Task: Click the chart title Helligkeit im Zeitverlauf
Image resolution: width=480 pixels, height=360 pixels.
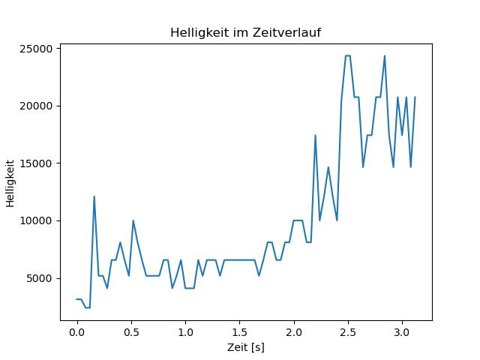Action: pos(245,32)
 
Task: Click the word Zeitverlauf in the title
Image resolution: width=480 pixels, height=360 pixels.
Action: pos(286,32)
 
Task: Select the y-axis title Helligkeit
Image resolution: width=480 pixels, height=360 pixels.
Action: pos(10,183)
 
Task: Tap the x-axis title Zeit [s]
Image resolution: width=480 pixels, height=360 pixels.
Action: pos(246,347)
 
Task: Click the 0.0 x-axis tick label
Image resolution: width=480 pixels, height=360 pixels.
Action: pos(77,332)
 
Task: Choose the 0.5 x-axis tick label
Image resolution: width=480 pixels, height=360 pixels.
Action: pos(131,332)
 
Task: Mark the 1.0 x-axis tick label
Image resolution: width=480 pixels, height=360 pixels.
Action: pos(185,332)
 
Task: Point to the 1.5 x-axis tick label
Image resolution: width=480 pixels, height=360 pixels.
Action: pos(239,332)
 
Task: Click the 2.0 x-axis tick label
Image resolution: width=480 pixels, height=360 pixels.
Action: pos(294,332)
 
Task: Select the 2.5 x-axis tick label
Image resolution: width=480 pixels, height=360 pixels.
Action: pos(348,332)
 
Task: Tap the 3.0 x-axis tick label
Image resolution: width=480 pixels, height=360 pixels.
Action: pos(402,332)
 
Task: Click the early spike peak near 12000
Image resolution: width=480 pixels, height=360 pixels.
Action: pos(94,196)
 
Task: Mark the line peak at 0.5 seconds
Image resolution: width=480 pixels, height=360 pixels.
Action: pos(133,220)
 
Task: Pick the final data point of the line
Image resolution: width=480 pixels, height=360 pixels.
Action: pos(415,97)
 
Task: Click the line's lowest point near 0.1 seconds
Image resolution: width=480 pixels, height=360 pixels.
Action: pos(88,307)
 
